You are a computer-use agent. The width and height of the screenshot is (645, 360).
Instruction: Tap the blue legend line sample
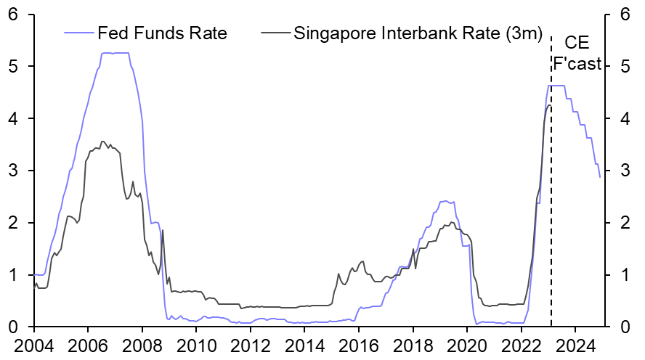(x=79, y=33)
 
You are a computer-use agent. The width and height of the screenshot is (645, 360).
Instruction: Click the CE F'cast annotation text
(x=577, y=53)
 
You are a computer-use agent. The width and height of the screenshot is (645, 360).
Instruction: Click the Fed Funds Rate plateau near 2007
(x=114, y=53)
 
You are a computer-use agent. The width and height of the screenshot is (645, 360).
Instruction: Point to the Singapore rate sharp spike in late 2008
(x=162, y=230)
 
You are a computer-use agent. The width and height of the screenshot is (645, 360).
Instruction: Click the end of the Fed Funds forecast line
(x=600, y=176)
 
